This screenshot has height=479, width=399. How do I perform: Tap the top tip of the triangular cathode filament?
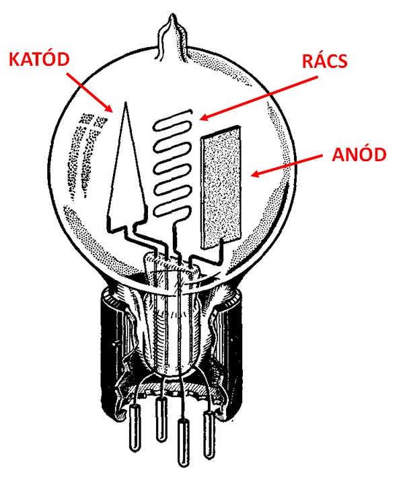coord(125,103)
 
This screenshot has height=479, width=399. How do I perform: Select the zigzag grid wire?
coord(173,168)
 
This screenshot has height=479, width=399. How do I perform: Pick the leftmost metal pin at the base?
coord(135,427)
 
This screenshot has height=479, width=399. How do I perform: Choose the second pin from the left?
coord(161,419)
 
